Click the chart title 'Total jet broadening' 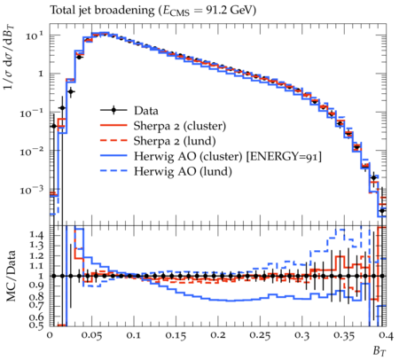pos(102,11)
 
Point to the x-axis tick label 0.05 pos(92,336)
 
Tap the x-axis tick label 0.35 pos(344,336)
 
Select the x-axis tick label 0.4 pos(386,336)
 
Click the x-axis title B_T pos(379,351)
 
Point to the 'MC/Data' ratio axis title pos(11,276)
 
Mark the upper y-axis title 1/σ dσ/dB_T pos(10,57)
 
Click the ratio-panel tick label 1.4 pos(36,235)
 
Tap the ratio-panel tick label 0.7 pos(36,305)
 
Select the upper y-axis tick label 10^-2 pos(31,152)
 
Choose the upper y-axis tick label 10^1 pos(35,36)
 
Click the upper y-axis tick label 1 pos(41,74)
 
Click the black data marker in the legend pos(113,111)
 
